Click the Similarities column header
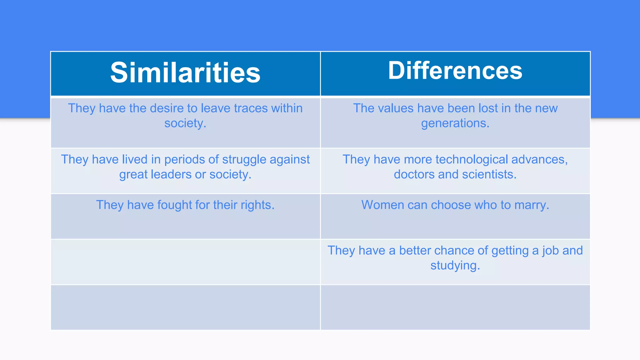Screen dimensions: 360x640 pyautogui.click(x=185, y=73)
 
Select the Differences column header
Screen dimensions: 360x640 pyautogui.click(x=455, y=71)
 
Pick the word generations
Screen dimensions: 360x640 pyautogui.click(x=455, y=124)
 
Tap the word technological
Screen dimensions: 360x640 pyautogui.click(x=472, y=160)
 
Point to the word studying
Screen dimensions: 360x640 pyautogui.click(x=455, y=266)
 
